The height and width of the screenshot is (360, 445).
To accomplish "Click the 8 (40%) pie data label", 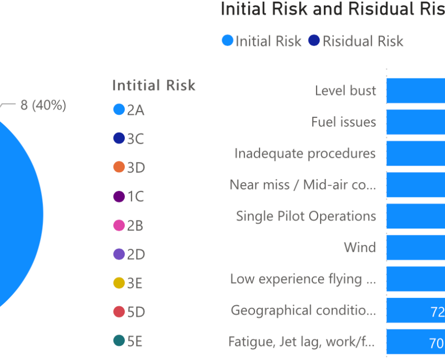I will pos(43,105).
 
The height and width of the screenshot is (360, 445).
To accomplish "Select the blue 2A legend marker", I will pos(119,110).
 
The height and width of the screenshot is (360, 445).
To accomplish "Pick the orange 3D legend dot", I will pos(119,167).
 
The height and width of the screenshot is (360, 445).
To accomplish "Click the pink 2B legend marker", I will pos(119,225).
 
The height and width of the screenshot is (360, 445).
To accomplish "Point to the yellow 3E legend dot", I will pos(119,283).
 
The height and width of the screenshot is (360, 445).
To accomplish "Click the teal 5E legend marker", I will pos(119,341).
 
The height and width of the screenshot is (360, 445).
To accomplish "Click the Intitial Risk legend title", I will pos(154,85).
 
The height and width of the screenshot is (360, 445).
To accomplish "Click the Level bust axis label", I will pos(345,91).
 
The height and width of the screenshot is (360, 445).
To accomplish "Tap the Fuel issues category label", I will pos(343,122).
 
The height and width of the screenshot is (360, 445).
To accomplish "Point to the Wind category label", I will pos(360,247).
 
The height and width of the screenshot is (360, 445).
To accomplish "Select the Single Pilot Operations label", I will pos(306,216).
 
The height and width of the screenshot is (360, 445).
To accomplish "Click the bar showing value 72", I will pos(416,311).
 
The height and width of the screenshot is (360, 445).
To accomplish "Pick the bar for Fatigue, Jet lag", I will pos(416,342).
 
